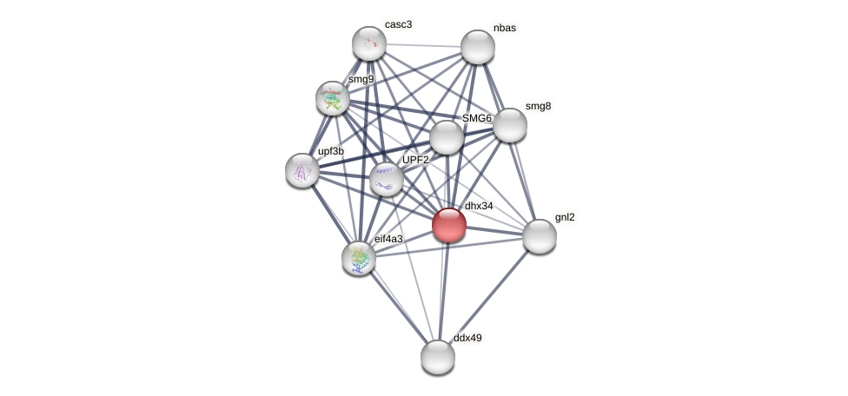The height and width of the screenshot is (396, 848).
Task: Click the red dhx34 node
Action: point(449,225)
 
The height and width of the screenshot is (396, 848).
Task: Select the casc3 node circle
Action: point(369,43)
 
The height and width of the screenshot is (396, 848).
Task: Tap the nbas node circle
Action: point(478,47)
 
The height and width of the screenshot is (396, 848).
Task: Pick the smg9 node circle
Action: point(333,98)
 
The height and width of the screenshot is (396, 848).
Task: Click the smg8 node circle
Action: point(510,125)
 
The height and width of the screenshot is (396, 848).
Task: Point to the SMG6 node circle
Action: point(447,137)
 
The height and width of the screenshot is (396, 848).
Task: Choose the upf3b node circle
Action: point(302,170)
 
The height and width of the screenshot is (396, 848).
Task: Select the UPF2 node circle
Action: point(387,179)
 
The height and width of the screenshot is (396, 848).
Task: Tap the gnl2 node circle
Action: point(540,236)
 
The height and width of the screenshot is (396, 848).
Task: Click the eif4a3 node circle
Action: point(359,258)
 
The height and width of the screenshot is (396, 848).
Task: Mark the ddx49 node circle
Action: point(438,357)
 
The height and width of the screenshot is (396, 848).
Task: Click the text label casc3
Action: point(399,24)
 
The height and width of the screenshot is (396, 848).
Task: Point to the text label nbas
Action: point(504,28)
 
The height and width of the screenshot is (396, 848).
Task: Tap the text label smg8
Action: point(538,107)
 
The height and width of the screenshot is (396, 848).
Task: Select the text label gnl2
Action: point(565,217)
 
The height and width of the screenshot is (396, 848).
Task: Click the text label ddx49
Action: point(467,338)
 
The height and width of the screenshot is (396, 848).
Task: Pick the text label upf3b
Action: point(331,151)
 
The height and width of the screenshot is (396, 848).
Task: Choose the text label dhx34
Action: point(479,206)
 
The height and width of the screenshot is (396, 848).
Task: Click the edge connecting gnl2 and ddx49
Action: point(488,297)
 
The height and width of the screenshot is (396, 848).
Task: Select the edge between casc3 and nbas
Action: point(423,45)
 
